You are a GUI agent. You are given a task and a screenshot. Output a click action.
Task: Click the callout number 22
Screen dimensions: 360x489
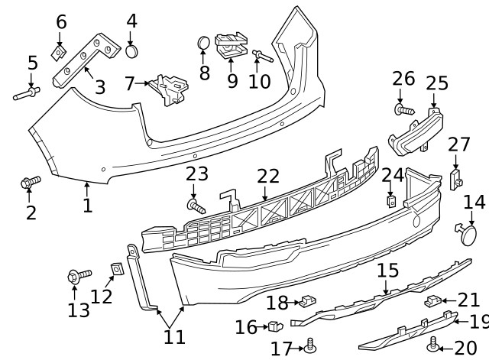point(268,177)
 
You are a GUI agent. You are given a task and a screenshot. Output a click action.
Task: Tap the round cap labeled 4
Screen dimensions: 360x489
point(132,51)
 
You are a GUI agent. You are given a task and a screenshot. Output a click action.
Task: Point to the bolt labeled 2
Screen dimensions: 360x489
point(31,182)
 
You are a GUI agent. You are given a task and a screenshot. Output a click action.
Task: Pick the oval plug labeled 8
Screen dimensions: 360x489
point(204,42)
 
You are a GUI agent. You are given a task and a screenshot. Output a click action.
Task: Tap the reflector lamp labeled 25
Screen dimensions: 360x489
point(416,131)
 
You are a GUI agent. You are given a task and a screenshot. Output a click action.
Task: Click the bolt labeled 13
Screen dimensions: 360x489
point(79,275)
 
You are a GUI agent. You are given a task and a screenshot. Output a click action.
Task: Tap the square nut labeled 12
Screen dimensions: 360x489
point(118,269)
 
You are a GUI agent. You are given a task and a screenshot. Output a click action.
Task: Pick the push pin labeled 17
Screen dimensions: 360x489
point(309,345)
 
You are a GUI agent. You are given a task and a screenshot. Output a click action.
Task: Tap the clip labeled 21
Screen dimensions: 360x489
point(433,300)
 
